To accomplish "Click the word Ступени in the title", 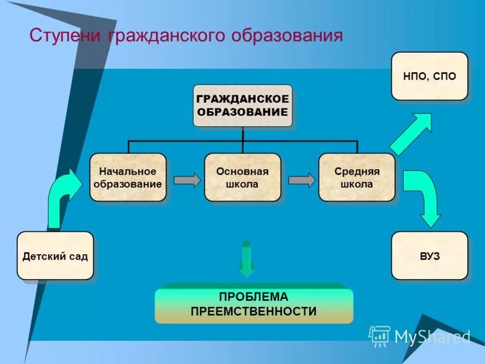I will (x=67, y=35).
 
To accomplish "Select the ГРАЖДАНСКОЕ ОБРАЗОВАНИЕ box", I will (x=242, y=106).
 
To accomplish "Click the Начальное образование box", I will (x=127, y=177).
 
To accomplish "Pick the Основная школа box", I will (x=242, y=177).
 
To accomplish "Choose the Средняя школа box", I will (x=356, y=177).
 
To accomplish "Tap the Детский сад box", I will (x=55, y=255).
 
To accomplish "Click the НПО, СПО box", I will (x=429, y=76).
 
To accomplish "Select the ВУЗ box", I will (x=429, y=255).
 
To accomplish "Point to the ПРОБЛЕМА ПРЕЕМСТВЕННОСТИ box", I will (x=253, y=305).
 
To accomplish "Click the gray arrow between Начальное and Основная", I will (x=187, y=180).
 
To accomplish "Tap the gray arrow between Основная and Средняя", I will (x=301, y=180).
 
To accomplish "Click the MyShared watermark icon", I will (x=380, y=335).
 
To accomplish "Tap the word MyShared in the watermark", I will (x=432, y=336).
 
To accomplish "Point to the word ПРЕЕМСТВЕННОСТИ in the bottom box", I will (x=253, y=312).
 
